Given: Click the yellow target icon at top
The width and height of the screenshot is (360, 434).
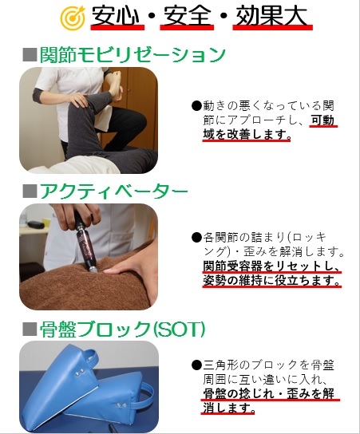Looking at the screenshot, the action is tap(73, 18).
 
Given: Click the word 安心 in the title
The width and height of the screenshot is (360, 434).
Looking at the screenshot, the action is tap(117, 16).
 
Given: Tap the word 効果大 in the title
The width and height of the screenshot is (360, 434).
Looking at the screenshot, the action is tap(271, 16).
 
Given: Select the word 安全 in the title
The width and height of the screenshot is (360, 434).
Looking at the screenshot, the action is tap(186, 16).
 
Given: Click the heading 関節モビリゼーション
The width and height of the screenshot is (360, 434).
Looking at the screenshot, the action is tap(133, 54).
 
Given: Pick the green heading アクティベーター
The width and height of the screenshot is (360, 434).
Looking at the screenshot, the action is tap(114, 191).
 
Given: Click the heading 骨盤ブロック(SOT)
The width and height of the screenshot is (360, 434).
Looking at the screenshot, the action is tap(122, 329).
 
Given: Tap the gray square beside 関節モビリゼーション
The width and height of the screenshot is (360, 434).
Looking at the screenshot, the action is tap(30, 55).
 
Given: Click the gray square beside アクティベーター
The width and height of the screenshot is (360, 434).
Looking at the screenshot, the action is tap(30, 191).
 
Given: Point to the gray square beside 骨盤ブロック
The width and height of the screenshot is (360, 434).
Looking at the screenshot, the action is tap(30, 329).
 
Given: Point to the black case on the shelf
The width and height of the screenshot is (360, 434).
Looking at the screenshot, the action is tap(35, 224).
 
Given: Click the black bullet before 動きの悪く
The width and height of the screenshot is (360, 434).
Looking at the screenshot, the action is tap(196, 106).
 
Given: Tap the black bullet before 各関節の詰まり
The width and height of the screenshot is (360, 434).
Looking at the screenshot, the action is tap(196, 237).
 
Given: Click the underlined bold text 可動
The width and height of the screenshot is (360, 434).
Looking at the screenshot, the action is tap(323, 120).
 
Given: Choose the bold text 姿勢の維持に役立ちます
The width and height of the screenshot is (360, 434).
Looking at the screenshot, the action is tap(271, 280).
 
